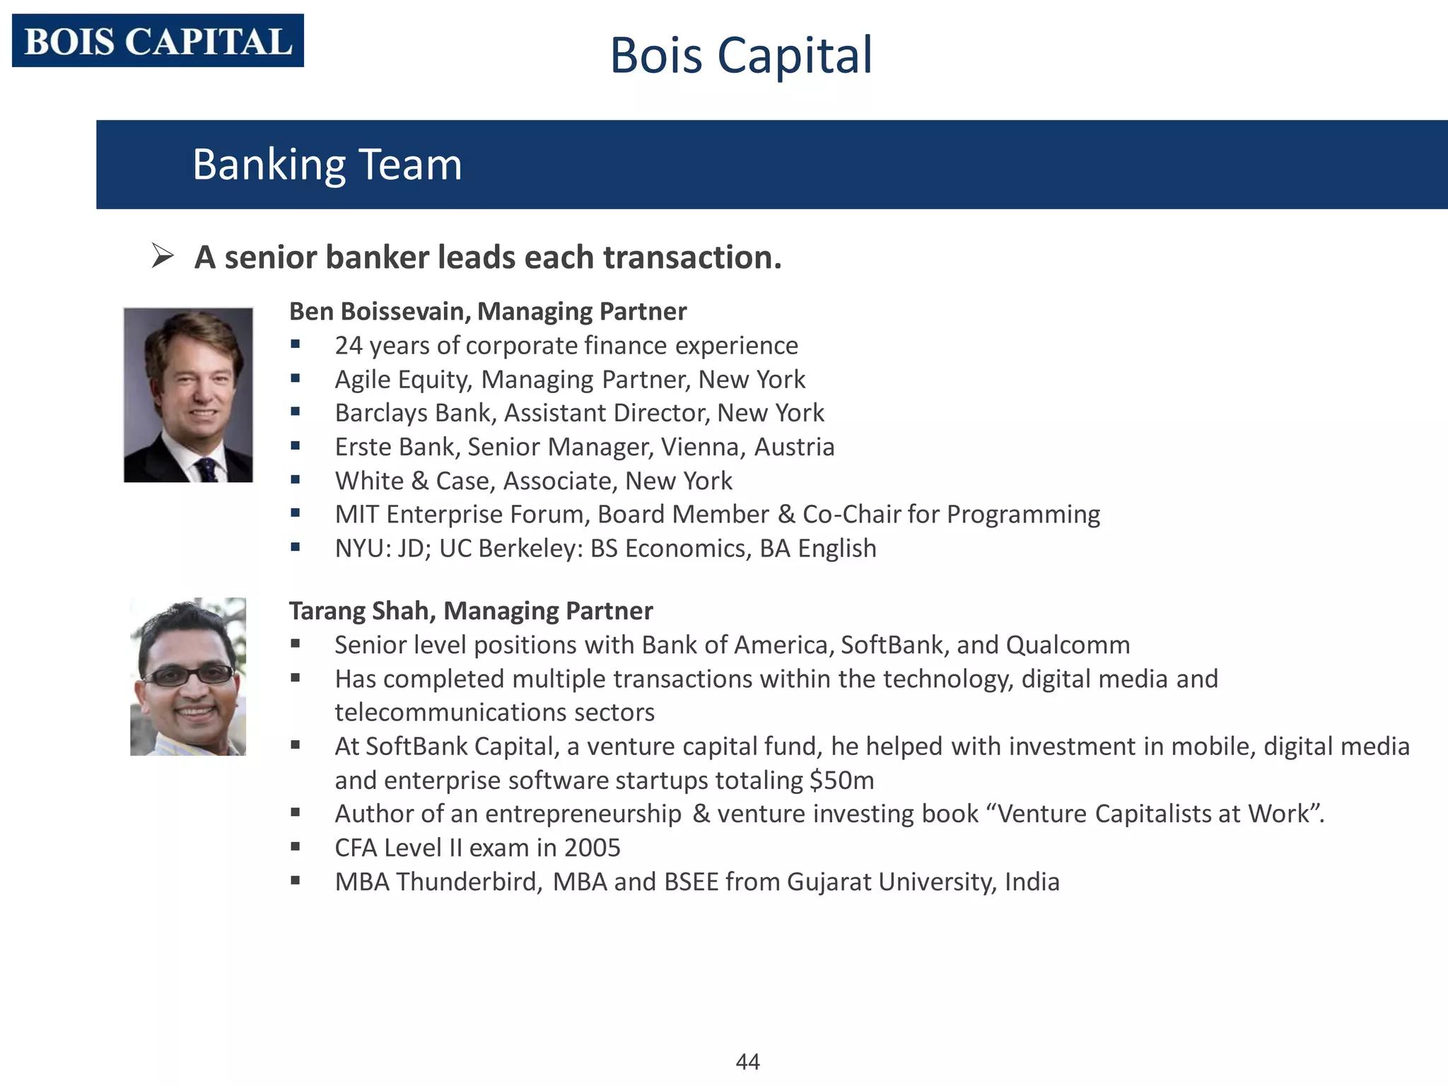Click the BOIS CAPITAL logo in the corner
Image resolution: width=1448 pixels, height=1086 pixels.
point(158,41)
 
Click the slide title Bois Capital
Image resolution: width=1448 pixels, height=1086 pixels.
point(740,55)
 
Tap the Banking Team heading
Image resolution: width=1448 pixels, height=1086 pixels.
point(327,164)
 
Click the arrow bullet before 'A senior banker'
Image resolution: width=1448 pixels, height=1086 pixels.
point(163,256)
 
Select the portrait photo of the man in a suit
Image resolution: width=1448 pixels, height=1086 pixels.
point(188,395)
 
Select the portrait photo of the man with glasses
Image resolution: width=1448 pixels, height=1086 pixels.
point(188,677)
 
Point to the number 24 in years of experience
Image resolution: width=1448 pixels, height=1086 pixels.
point(348,345)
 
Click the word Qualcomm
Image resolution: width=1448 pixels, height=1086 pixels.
point(1067,645)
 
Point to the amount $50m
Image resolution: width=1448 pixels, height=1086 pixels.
point(841,780)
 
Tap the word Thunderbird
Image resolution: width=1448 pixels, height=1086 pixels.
point(469,882)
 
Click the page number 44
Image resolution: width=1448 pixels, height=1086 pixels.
point(747,1061)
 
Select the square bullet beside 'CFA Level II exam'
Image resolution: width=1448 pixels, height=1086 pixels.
point(296,846)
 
